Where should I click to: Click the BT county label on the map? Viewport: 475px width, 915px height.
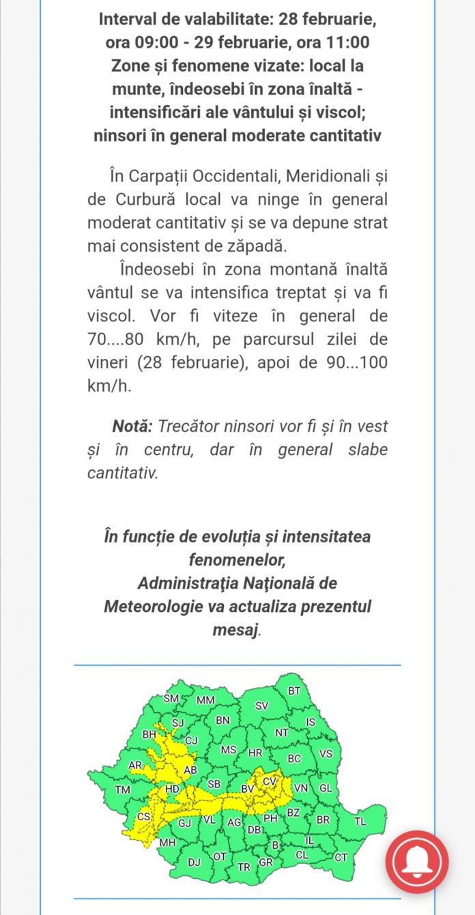coord(294,691)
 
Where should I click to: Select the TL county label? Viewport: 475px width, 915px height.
coord(360,822)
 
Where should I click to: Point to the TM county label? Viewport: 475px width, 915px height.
coord(123,790)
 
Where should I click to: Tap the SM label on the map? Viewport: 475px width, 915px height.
coord(171,699)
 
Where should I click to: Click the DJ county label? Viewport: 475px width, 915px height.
coord(194,862)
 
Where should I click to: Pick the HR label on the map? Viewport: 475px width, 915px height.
coord(255,753)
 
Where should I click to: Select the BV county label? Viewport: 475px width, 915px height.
coord(247,789)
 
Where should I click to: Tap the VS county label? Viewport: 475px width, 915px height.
coord(326,753)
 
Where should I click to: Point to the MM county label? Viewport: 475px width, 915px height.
coord(205,700)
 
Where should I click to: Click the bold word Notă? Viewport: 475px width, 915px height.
coord(132,426)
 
